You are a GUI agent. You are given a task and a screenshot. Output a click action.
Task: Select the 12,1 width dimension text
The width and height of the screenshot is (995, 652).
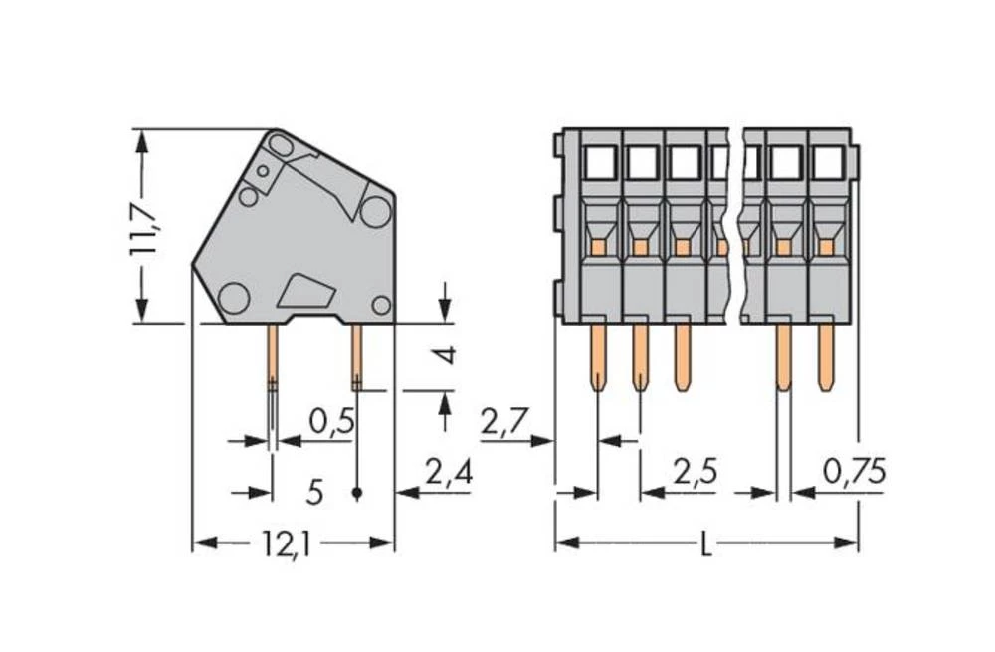click(x=286, y=544)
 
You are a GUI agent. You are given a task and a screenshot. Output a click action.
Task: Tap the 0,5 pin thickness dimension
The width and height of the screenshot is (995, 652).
click(x=331, y=422)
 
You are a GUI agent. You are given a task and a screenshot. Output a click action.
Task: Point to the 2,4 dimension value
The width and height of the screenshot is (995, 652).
click(x=448, y=472)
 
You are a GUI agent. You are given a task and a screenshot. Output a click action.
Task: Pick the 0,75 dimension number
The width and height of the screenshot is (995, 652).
click(x=853, y=472)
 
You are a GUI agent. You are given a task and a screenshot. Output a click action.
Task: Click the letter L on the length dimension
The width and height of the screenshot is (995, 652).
click(x=706, y=544)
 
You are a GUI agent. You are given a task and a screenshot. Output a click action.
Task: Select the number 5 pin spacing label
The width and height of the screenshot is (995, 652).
click(x=315, y=491)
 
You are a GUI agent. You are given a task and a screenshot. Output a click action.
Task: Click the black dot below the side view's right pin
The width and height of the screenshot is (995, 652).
click(x=357, y=492)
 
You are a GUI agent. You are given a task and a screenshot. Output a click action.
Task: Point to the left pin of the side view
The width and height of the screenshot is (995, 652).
click(x=272, y=358)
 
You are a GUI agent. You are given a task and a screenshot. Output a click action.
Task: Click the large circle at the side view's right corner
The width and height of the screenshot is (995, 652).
click(x=375, y=211)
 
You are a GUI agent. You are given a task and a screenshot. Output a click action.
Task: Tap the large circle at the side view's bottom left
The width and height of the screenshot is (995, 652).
click(x=233, y=297)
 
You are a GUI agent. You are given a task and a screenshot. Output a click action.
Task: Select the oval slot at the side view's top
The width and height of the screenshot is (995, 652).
click(x=281, y=147)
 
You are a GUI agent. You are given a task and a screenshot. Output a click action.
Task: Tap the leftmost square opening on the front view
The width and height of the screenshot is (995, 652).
click(x=601, y=161)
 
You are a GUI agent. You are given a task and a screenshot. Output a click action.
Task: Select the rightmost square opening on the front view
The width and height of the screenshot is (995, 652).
click(x=828, y=161)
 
